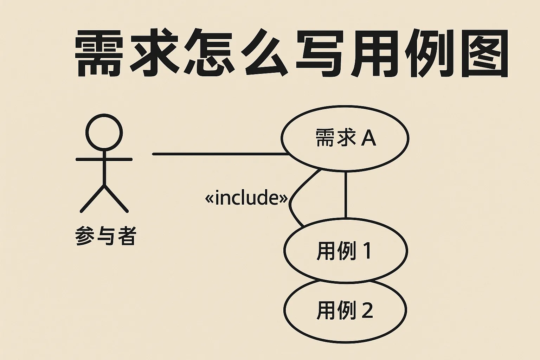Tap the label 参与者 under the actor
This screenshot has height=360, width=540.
point(106,236)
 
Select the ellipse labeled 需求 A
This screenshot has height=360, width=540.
point(345,139)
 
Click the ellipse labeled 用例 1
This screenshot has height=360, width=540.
point(346,250)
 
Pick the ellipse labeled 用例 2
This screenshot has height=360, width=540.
point(345,310)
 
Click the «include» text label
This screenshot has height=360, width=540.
point(246,198)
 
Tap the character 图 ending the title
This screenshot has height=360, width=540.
point(484,53)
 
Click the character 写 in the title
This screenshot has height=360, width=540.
point(320,53)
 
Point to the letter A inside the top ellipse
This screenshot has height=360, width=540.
point(368,138)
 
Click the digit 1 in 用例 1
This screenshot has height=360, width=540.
point(368,251)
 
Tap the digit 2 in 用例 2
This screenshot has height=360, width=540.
point(367,310)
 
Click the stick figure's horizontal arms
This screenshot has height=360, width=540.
point(104,159)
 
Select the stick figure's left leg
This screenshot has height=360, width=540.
point(92,199)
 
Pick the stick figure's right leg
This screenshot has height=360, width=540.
point(116,199)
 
